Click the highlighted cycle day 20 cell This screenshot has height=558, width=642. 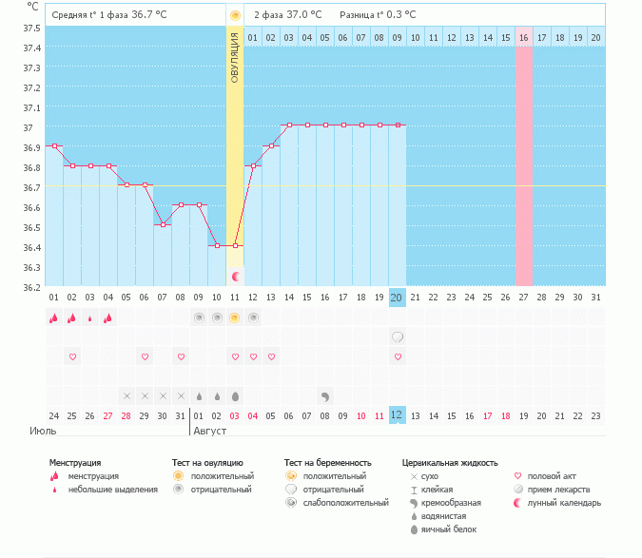click(398, 298)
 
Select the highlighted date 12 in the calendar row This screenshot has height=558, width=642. click(398, 415)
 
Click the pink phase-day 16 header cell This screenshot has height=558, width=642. click(523, 37)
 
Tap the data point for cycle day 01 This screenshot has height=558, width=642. click(54, 145)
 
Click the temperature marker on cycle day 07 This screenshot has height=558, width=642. click(163, 224)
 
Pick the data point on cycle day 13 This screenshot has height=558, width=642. click(271, 145)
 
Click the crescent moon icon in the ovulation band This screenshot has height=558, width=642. click(235, 277)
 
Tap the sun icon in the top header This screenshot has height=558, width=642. click(235, 15)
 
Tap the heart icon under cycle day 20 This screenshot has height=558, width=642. click(398, 356)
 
